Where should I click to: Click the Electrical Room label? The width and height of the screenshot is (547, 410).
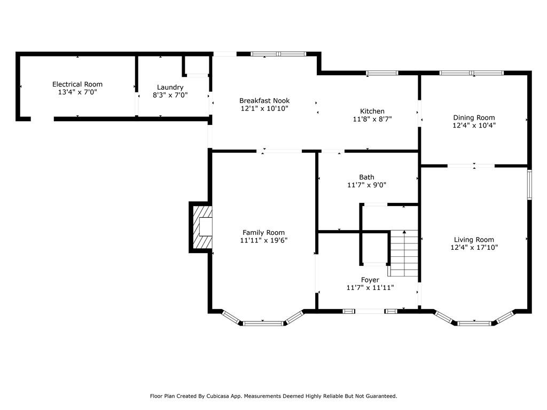[77, 84]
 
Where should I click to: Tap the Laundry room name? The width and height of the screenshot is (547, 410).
[170, 88]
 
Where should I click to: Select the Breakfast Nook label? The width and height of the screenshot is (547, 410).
[264, 101]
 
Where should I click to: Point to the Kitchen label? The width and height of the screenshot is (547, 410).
[372, 111]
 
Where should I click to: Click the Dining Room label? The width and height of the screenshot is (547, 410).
[474, 118]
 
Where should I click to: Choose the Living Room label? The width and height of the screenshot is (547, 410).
[474, 240]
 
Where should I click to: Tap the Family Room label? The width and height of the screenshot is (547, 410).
[263, 233]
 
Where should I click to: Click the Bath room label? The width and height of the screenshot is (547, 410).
[366, 177]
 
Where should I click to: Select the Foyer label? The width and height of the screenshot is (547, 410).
[370, 280]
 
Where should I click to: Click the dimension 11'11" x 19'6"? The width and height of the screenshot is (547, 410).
[263, 240]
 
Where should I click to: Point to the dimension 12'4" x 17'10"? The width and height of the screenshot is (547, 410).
[474, 248]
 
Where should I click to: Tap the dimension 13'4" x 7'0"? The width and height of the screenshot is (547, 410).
[77, 92]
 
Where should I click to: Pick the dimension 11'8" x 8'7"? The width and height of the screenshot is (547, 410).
[372, 119]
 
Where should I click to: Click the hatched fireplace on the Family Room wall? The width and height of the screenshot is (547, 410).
[202, 227]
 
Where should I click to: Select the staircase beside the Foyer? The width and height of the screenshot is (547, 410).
[404, 253]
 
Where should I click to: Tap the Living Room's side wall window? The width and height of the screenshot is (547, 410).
[529, 184]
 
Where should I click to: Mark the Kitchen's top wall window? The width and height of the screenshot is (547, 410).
[382, 73]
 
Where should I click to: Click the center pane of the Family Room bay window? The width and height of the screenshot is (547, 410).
[263, 324]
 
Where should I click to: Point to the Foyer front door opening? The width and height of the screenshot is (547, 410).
[370, 311]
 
